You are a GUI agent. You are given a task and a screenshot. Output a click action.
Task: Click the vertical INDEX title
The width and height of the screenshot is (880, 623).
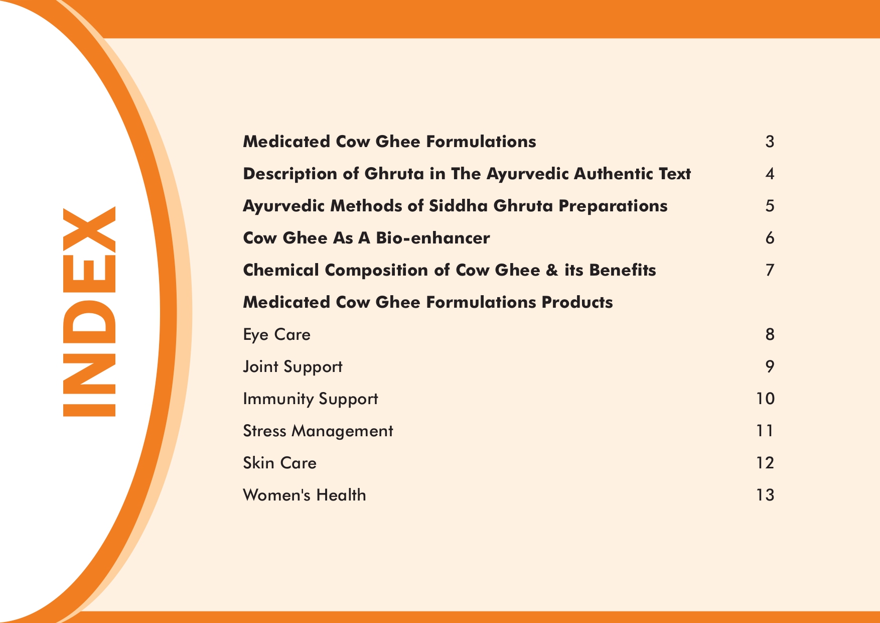(89, 312)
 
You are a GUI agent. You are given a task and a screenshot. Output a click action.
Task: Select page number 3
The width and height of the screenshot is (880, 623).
(770, 142)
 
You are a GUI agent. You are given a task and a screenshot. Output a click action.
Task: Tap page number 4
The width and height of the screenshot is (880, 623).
(770, 174)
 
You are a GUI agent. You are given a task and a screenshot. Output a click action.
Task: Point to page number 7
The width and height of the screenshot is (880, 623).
(770, 270)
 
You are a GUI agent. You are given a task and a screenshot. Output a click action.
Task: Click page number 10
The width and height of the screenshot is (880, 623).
(765, 399)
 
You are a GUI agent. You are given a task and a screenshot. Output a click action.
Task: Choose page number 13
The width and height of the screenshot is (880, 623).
(765, 495)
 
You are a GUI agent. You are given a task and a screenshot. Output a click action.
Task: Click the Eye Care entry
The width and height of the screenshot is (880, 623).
(276, 335)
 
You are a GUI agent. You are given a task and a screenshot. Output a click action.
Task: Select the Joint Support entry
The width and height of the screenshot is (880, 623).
(292, 367)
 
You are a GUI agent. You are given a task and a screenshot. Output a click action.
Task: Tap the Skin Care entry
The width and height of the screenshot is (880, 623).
(279, 463)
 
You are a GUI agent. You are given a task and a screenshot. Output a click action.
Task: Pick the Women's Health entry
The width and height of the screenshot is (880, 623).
(305, 495)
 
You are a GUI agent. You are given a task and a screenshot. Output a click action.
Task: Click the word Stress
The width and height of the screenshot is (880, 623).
(264, 431)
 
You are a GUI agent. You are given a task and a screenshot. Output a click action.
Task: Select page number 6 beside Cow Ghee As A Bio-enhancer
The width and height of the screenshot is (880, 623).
(770, 238)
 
